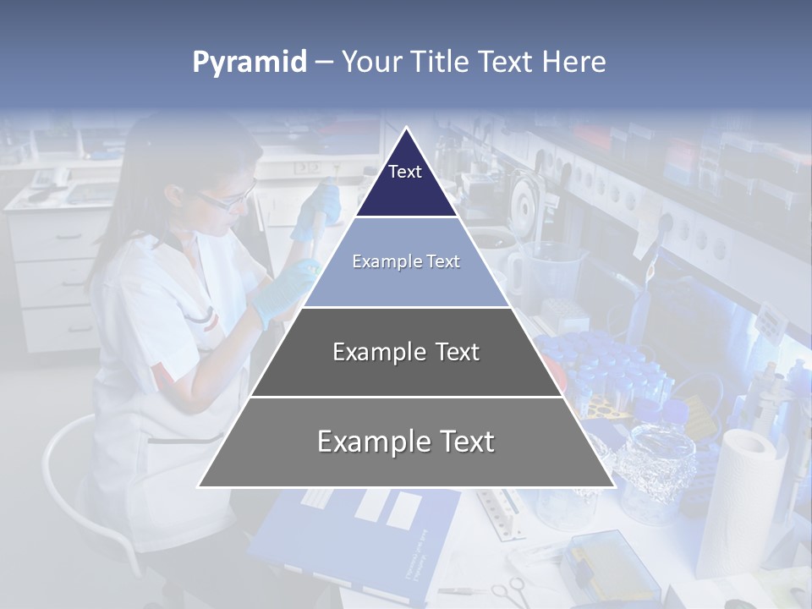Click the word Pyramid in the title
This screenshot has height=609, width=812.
(250, 63)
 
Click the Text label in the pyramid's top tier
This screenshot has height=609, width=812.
(405, 172)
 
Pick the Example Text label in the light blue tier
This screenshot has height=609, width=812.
(406, 261)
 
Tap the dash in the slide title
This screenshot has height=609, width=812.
(324, 63)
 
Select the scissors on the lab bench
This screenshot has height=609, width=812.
(506, 590)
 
